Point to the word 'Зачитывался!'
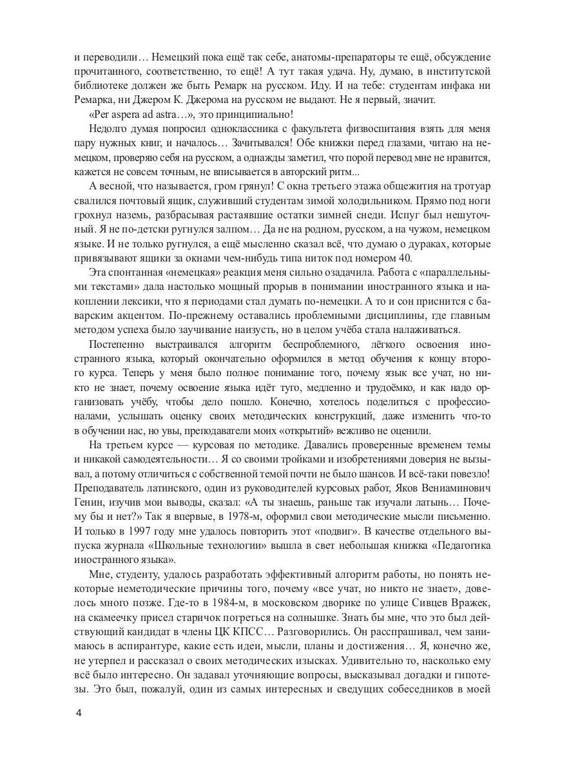click(254, 151)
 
